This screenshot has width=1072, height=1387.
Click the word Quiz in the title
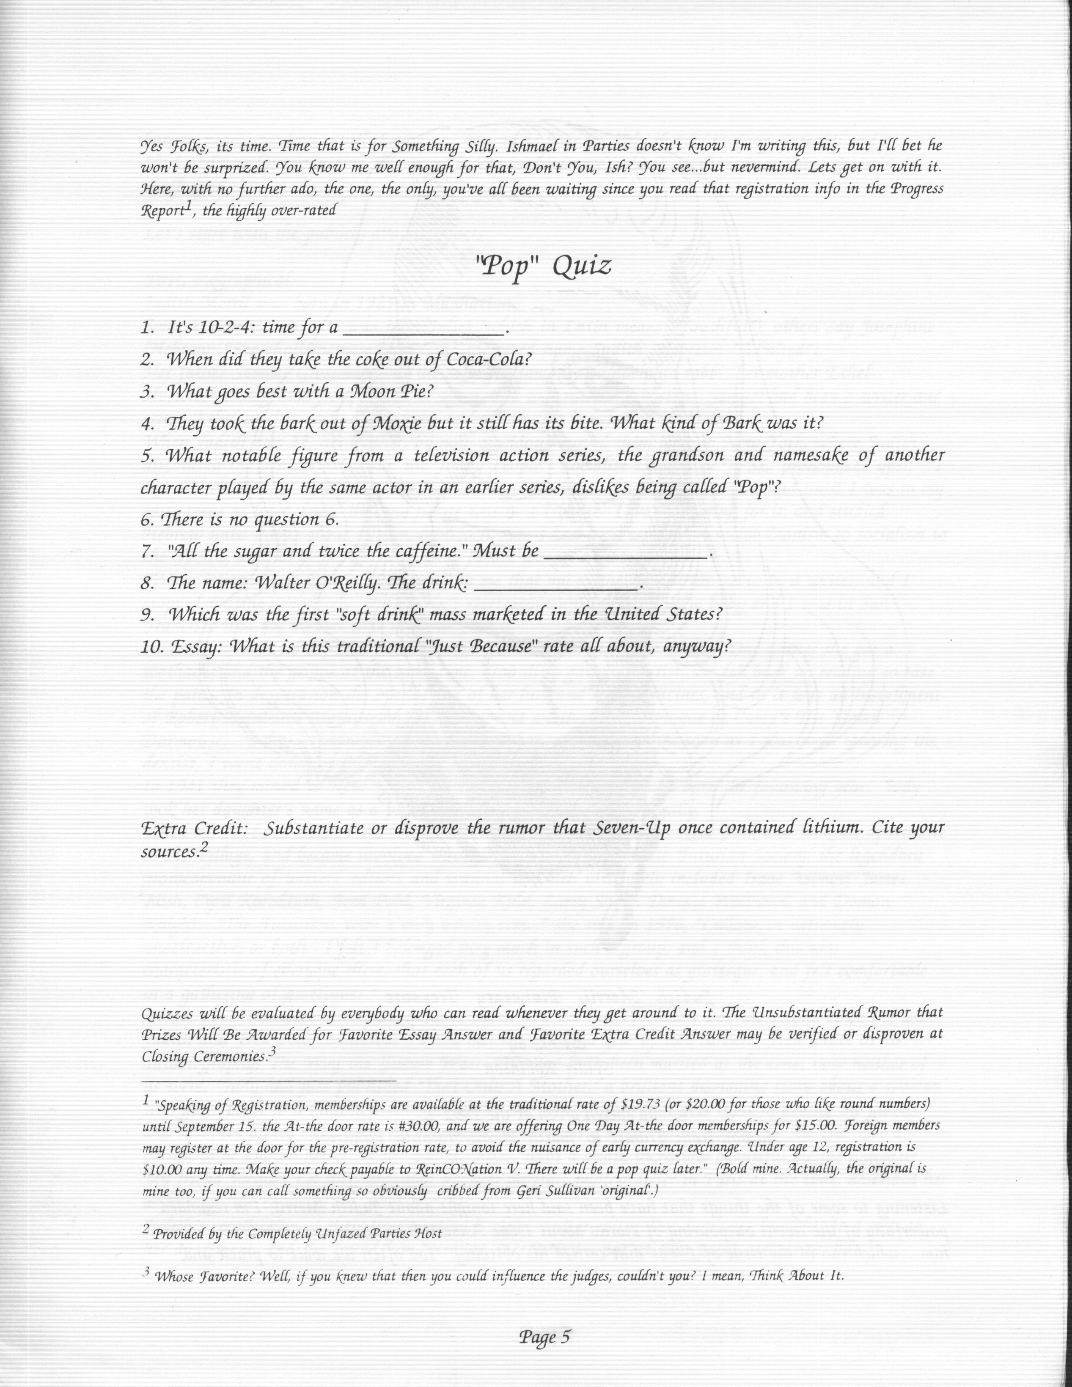(582, 266)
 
